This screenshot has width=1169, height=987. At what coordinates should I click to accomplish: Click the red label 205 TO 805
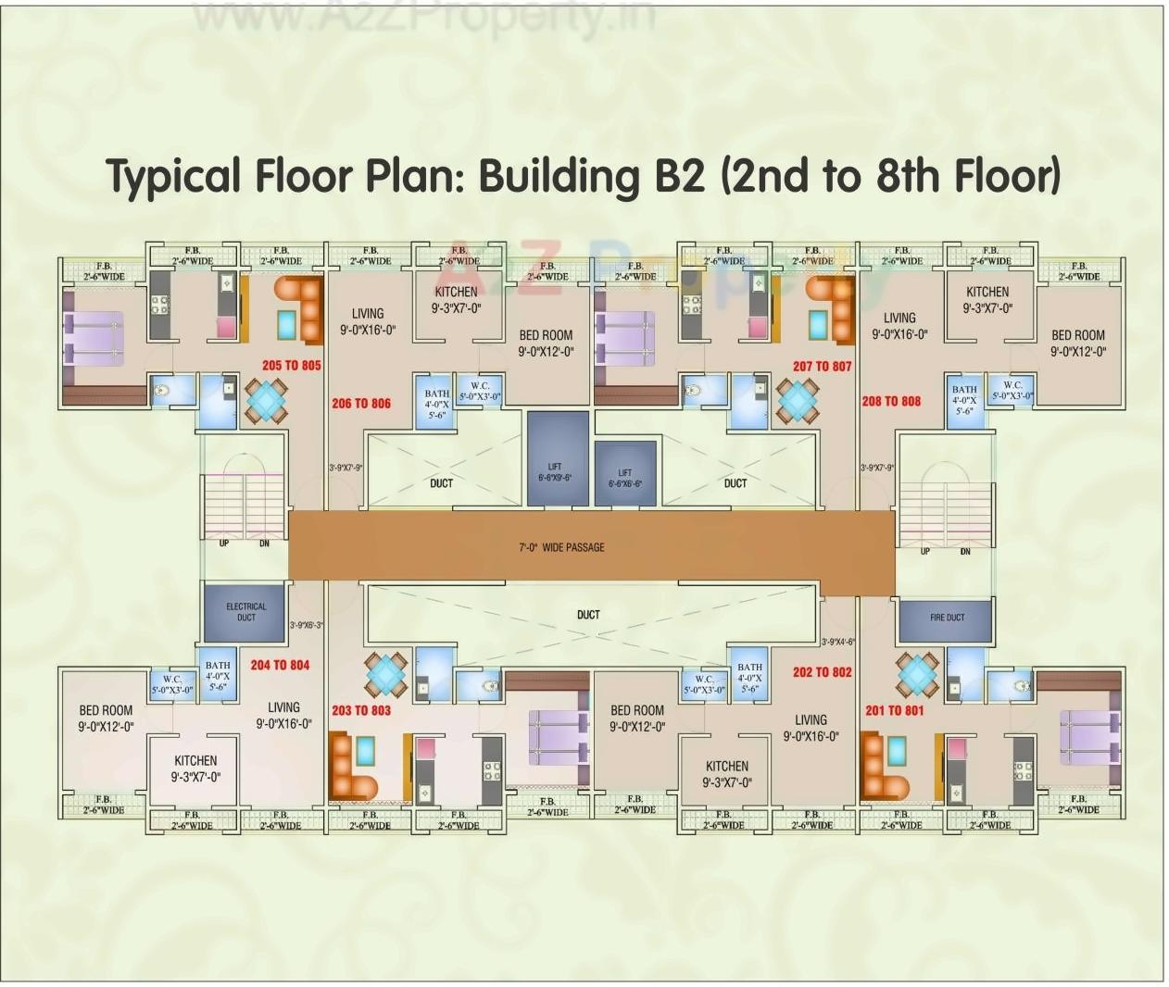(291, 366)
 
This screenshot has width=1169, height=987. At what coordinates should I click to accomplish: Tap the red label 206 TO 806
(361, 404)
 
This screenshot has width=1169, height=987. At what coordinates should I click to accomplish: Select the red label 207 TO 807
(822, 367)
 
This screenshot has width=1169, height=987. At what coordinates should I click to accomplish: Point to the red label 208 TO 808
(891, 402)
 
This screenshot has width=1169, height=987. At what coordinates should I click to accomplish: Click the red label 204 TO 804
(280, 665)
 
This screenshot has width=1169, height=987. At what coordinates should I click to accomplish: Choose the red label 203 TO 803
(361, 710)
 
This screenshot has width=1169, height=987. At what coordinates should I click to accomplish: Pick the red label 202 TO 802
(822, 672)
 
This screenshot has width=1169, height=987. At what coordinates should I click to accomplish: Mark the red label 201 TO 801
(894, 710)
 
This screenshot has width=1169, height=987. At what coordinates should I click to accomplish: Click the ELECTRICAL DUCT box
(245, 612)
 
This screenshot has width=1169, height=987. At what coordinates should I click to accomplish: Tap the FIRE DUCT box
(946, 618)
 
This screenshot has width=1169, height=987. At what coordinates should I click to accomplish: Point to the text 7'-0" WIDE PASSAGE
(561, 548)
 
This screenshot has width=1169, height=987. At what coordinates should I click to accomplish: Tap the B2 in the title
(680, 175)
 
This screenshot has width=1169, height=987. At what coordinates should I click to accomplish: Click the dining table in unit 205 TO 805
(266, 401)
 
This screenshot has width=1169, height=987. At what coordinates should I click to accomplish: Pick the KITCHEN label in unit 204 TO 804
(195, 760)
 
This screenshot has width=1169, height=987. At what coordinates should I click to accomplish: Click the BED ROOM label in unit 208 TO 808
(1077, 335)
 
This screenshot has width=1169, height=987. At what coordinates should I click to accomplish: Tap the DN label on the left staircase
(264, 543)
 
